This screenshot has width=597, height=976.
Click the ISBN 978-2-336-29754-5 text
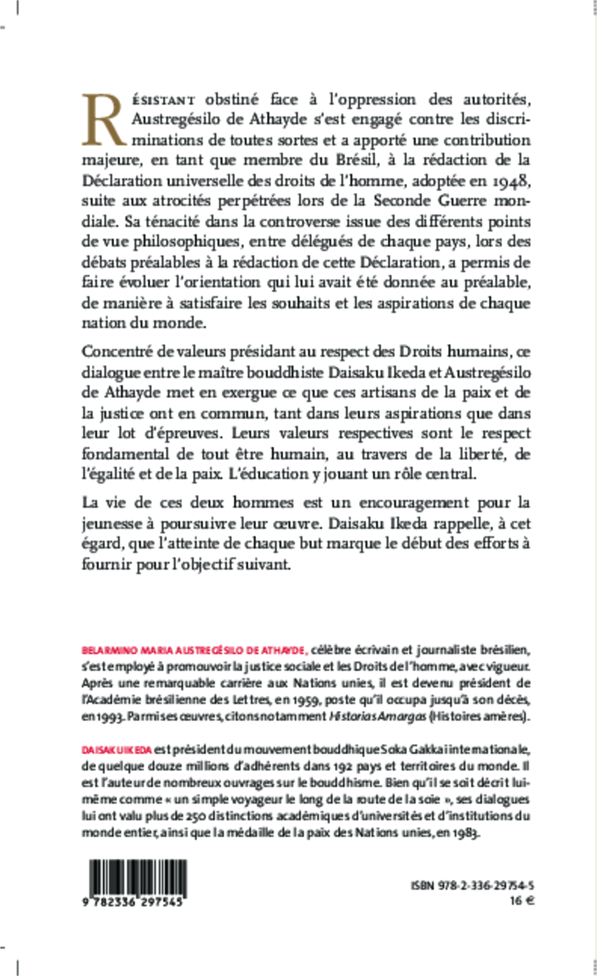(472, 886)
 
